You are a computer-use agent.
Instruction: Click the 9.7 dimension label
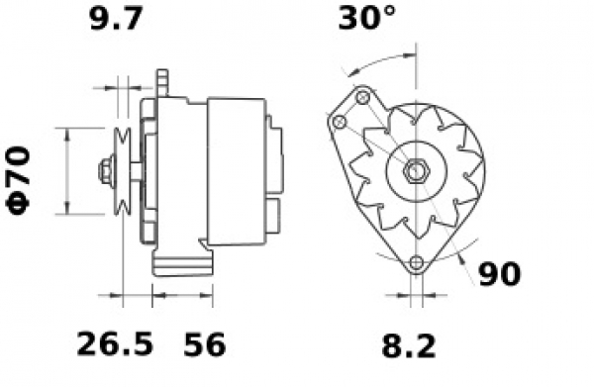click(x=116, y=18)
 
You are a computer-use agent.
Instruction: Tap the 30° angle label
click(x=366, y=18)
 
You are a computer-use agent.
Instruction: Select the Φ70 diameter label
click(x=18, y=181)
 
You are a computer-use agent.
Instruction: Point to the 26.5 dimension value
click(x=115, y=343)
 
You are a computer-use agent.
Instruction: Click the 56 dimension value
click(x=205, y=344)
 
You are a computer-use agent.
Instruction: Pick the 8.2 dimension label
click(x=409, y=346)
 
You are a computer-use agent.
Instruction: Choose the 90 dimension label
click(x=500, y=274)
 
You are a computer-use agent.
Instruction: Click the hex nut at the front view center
click(x=416, y=171)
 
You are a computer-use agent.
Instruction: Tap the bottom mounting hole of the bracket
click(x=417, y=261)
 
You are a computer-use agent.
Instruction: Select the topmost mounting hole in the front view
click(x=362, y=97)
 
